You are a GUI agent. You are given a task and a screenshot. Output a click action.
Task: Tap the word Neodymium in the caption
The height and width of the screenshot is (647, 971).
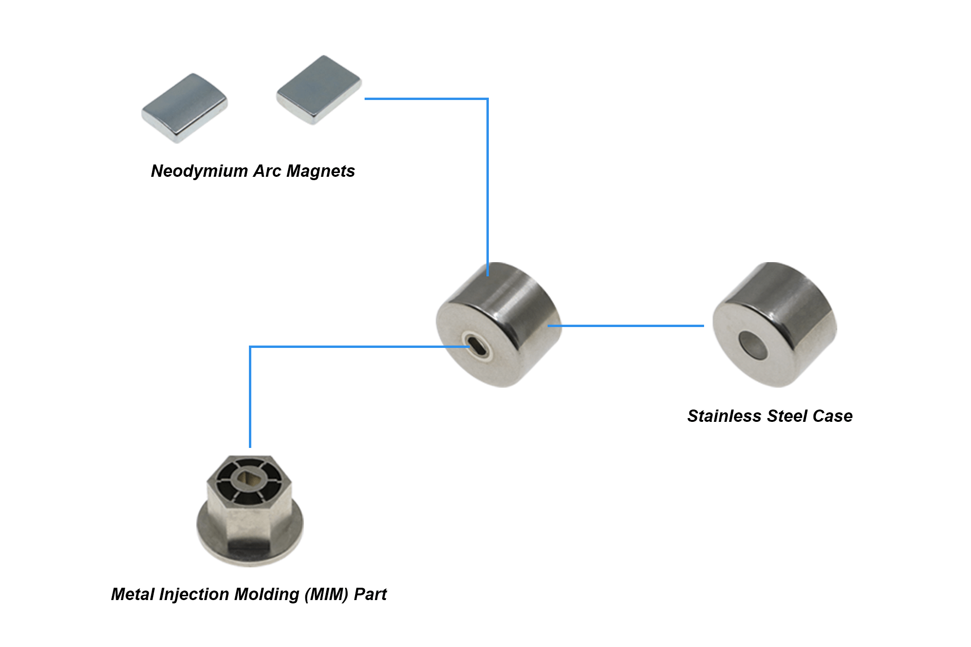click(x=199, y=171)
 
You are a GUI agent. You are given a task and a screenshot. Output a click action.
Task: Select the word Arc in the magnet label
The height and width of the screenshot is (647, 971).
click(x=267, y=171)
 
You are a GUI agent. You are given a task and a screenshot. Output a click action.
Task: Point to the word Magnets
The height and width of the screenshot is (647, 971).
click(x=321, y=171)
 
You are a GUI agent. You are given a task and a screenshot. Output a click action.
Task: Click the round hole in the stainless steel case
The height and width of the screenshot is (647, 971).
click(x=753, y=345)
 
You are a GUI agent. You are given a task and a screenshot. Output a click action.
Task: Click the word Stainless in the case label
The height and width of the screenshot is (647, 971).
click(x=724, y=416)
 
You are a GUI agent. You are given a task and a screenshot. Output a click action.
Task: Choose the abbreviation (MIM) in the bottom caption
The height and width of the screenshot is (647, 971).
click(x=326, y=594)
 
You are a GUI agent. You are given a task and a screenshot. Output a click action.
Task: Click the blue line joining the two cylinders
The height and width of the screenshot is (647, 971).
click(x=626, y=326)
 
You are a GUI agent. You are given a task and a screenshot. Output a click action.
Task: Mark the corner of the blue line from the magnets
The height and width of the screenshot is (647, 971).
click(x=487, y=99)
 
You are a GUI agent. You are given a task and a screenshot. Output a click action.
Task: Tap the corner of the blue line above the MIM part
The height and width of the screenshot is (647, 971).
click(x=250, y=347)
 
